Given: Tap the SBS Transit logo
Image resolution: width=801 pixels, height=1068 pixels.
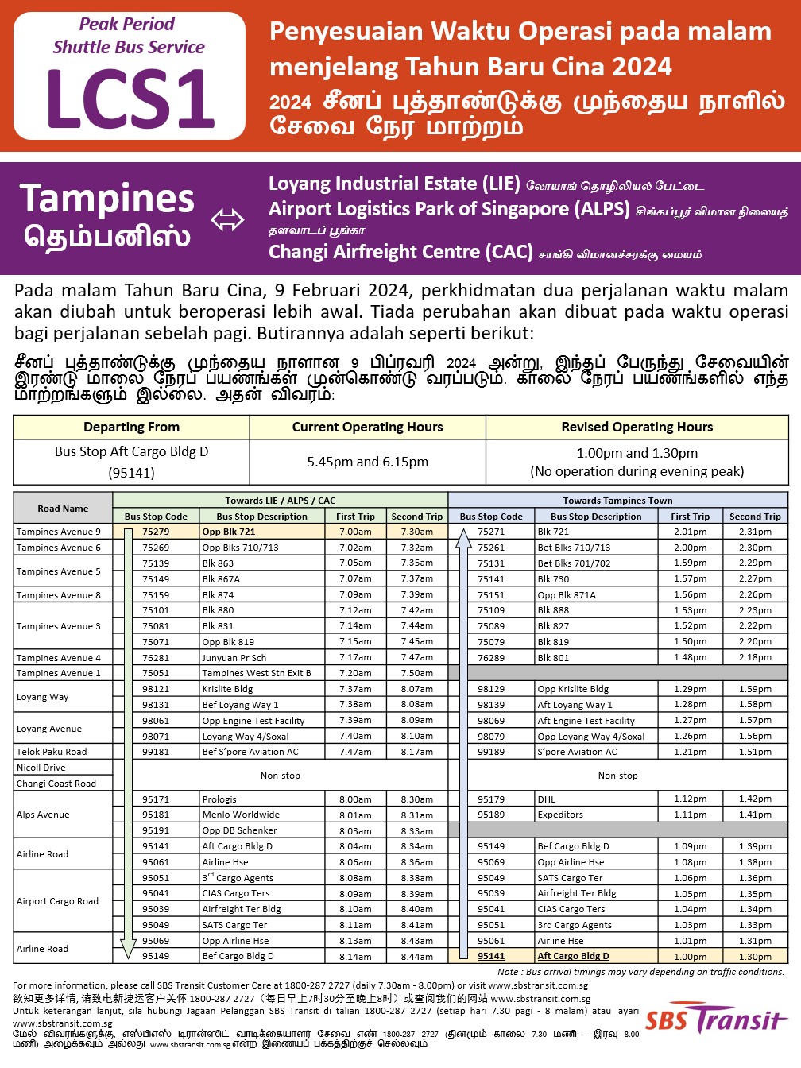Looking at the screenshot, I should pyautogui.click(x=714, y=1019).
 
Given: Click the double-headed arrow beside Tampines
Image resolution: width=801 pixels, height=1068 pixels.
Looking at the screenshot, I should pyautogui.click(x=227, y=220).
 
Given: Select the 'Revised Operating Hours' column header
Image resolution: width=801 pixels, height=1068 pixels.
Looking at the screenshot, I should pyautogui.click(x=637, y=427).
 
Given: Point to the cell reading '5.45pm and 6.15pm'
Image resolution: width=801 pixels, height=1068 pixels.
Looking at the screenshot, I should pyautogui.click(x=367, y=462).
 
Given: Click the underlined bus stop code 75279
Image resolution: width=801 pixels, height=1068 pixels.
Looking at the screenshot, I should pyautogui.click(x=156, y=532).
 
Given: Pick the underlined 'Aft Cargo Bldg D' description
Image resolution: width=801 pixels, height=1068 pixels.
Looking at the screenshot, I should pyautogui.click(x=573, y=956).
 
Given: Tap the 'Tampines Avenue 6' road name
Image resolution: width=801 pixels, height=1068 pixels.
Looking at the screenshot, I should pyautogui.click(x=59, y=548).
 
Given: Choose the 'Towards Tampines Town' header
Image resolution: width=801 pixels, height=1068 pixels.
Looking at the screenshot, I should pyautogui.click(x=617, y=501).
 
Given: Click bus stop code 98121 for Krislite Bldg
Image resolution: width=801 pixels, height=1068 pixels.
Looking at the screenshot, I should pyautogui.click(x=156, y=689).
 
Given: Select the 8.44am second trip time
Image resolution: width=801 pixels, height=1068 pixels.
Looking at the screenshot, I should pyautogui.click(x=417, y=956).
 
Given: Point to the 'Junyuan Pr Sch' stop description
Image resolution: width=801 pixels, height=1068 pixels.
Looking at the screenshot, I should pyautogui.click(x=234, y=657).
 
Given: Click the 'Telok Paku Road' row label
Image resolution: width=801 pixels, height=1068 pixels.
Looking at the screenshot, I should pyautogui.click(x=52, y=751).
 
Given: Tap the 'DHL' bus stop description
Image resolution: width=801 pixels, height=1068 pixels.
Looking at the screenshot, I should pyautogui.click(x=546, y=799).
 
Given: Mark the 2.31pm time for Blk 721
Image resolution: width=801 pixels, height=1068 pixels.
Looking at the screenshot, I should pyautogui.click(x=755, y=532).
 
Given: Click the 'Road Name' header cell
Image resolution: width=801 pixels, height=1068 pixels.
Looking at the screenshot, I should pyautogui.click(x=63, y=509).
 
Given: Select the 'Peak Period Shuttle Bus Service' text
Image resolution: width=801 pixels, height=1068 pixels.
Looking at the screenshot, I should pyautogui.click(x=129, y=36).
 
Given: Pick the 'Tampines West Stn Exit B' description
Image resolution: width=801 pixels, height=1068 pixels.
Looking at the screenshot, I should pyautogui.click(x=257, y=673).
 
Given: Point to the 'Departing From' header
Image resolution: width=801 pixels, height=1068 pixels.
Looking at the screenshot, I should pyautogui.click(x=131, y=427).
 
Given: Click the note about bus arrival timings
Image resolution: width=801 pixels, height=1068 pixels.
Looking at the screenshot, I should pyautogui.click(x=640, y=972).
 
